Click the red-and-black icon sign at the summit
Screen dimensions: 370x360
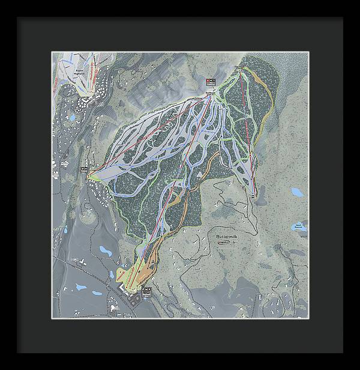[x=210, y=81]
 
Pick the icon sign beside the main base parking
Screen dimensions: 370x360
[x=147, y=291]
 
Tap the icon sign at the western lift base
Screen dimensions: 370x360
[x=84, y=170]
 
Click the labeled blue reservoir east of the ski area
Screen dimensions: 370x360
[x=297, y=226]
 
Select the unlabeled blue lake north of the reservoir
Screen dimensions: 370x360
[x=297, y=192]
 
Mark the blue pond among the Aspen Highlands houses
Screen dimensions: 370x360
[x=73, y=118]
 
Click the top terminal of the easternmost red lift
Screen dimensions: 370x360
[x=241, y=71]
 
